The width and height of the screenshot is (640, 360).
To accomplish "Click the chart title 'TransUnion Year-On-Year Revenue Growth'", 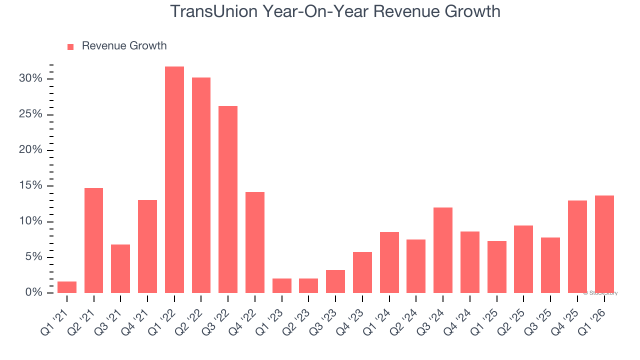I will [x=335, y=11].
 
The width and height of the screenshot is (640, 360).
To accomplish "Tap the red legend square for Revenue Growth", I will [x=70, y=46].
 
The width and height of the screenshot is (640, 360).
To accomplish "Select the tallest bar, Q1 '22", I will [x=174, y=179].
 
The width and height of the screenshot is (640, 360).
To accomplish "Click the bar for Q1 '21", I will [x=67, y=287].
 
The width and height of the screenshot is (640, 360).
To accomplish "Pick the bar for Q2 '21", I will [x=94, y=240].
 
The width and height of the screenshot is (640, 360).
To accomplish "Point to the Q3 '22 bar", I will [x=228, y=199].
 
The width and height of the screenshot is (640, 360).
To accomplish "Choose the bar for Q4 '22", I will [x=255, y=242].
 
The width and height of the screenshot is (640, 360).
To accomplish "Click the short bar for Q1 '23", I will [x=282, y=285].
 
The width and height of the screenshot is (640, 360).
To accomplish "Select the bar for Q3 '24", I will [x=443, y=250].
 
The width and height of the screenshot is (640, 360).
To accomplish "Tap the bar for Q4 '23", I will [x=362, y=272].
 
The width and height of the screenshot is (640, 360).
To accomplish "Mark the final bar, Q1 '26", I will [x=604, y=244].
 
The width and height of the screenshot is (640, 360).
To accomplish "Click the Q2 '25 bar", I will [x=523, y=259].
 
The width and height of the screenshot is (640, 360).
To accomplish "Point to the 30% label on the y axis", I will [x=31, y=79].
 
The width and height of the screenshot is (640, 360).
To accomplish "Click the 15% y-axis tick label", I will [x=31, y=186].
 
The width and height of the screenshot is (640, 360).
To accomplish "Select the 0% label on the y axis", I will [x=34, y=293].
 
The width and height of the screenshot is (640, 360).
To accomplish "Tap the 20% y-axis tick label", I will [x=31, y=150].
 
